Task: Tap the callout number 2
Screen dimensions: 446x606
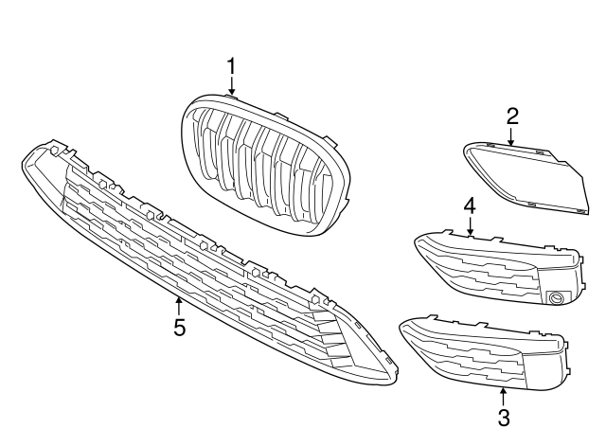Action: click(x=512, y=116)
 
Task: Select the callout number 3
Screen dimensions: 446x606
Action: click(x=503, y=416)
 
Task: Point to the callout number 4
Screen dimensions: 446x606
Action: click(x=470, y=205)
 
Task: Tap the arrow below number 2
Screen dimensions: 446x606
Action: click(x=512, y=136)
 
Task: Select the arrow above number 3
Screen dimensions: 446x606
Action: click(x=503, y=395)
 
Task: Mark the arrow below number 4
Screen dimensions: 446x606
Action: click(x=470, y=224)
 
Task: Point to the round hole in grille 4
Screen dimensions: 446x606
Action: click(x=557, y=299)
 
